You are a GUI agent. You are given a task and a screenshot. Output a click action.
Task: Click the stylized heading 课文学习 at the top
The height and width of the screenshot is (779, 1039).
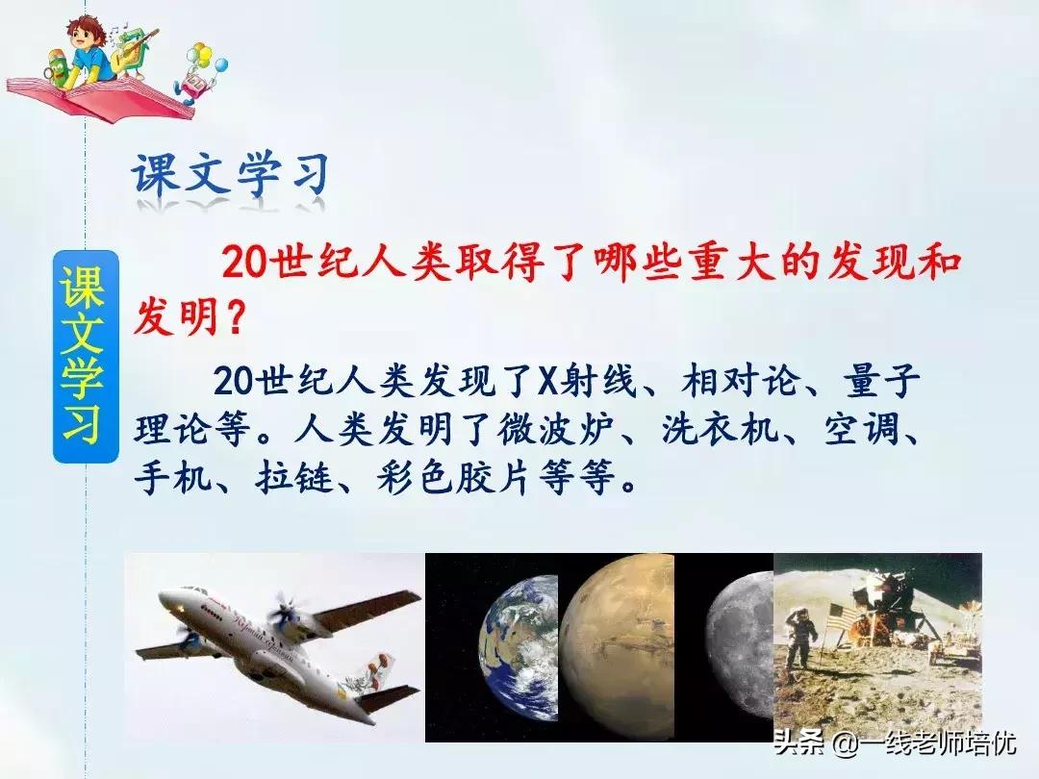pos(230,177)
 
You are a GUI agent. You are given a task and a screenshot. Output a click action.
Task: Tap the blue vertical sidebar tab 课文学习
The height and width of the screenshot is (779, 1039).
pos(86,356)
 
